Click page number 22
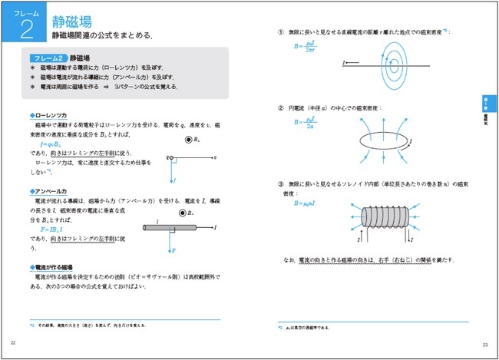(x=12, y=343)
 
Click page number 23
(x=485, y=344)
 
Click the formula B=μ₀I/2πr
(x=305, y=47)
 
